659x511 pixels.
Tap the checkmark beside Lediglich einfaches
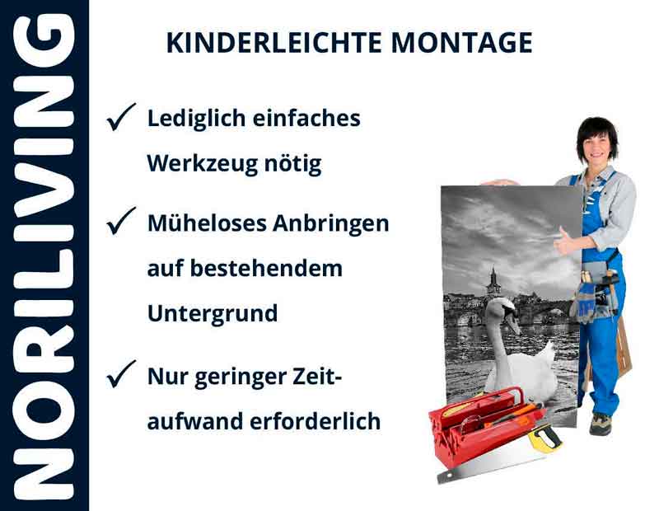click(x=121, y=119)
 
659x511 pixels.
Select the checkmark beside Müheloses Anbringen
click(x=121, y=223)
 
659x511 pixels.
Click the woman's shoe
click(x=601, y=423)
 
